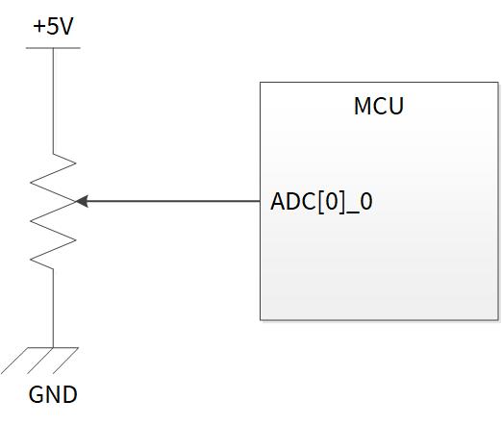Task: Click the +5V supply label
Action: [53, 26]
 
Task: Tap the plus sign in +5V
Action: [38, 26]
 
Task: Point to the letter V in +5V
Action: [66, 26]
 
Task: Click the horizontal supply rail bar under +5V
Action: [53, 48]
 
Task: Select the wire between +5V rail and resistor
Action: [53, 101]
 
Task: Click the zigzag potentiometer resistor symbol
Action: [53, 212]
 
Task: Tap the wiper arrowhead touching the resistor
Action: [82, 201]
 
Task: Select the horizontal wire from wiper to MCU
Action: [173, 201]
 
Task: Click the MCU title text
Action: [379, 106]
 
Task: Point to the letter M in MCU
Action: [362, 106]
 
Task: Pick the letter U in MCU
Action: [396, 106]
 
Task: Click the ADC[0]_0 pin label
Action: [321, 202]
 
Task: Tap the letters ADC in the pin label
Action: [293, 202]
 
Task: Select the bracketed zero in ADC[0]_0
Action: [331, 202]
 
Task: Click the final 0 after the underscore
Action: [366, 202]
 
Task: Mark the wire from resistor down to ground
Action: [53, 308]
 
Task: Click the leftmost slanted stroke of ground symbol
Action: [14, 361]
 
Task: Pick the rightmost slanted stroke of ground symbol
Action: [65, 361]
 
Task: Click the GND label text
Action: [53, 394]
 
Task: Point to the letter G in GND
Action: [36, 394]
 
